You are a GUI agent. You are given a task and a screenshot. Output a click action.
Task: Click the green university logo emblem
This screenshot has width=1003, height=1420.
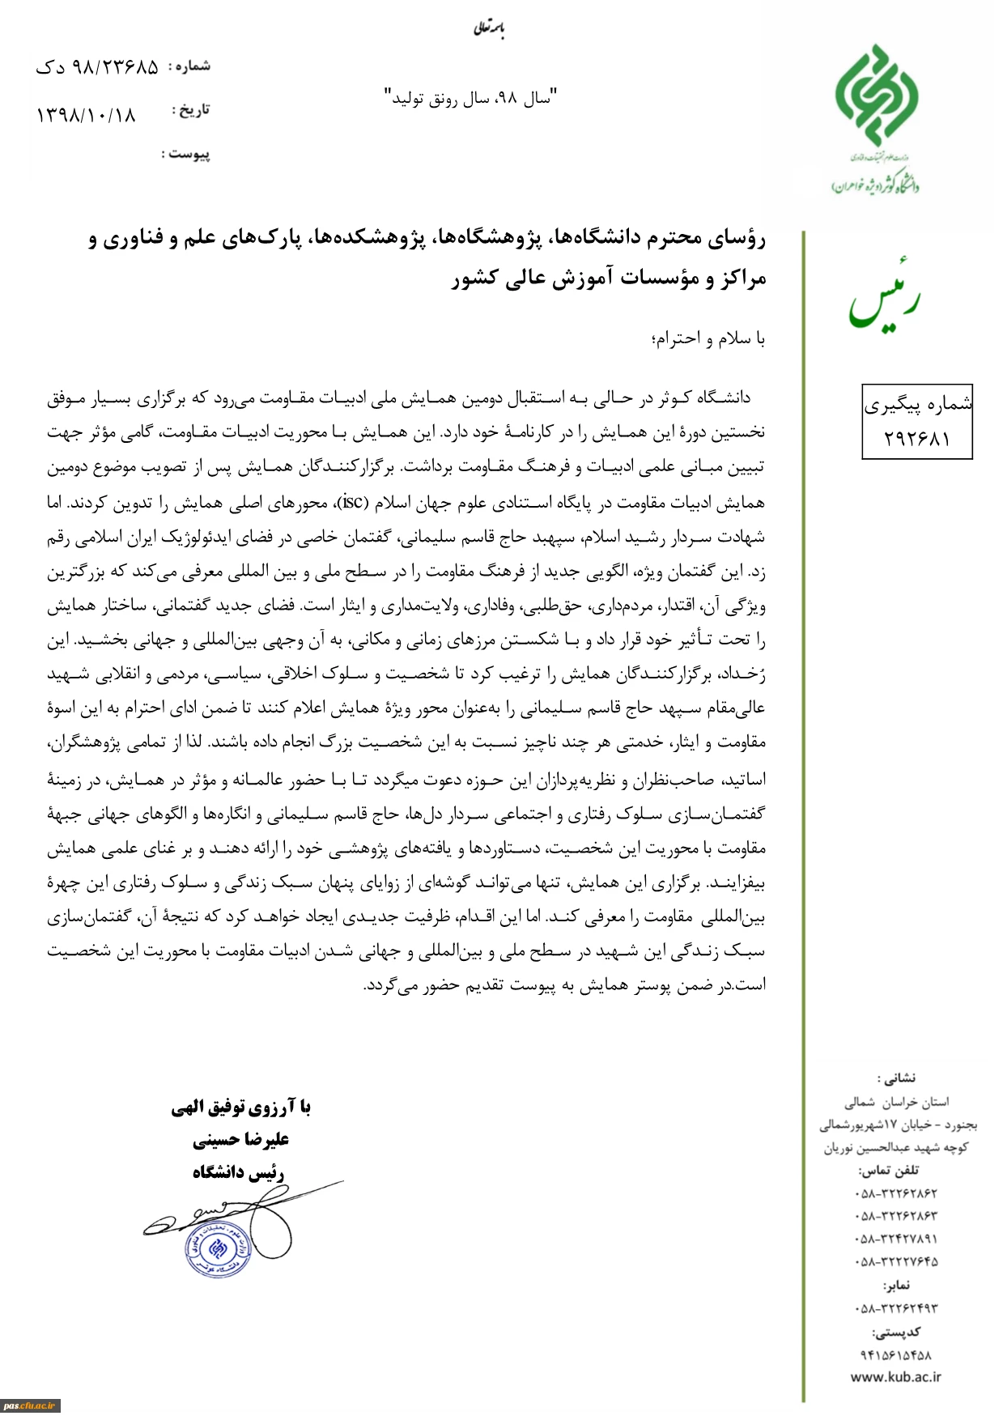click(x=876, y=93)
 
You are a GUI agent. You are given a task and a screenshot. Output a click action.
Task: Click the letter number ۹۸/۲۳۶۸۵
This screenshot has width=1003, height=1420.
click(x=97, y=68)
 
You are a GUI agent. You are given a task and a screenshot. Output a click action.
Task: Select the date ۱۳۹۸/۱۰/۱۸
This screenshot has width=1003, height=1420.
click(x=86, y=115)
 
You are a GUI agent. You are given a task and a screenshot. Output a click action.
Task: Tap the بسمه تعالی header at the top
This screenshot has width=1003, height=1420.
click(x=489, y=30)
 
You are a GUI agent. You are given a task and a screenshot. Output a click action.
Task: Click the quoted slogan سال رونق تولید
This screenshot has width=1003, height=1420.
click(x=470, y=99)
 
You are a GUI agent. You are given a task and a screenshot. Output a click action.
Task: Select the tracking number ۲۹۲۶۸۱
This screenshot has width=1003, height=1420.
click(x=916, y=438)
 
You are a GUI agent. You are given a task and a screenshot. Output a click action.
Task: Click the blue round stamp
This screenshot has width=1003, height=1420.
click(x=217, y=1248)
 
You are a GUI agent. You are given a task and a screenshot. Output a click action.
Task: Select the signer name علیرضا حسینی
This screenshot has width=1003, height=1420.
click(x=240, y=1140)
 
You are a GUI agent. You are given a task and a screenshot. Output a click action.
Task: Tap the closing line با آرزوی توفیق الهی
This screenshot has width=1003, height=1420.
click(x=240, y=1107)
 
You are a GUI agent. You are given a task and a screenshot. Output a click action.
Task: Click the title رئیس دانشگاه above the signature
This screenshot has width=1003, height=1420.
click(x=238, y=1172)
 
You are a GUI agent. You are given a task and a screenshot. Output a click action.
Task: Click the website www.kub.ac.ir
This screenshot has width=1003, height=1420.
click(x=895, y=1376)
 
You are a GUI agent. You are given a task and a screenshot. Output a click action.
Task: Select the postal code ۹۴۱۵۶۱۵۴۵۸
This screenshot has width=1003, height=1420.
click(x=895, y=1354)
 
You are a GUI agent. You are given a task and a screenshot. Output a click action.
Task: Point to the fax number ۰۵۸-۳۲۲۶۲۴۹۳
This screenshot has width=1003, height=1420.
click(x=895, y=1308)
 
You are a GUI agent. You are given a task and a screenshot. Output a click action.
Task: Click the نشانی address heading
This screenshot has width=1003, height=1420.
click(x=895, y=1078)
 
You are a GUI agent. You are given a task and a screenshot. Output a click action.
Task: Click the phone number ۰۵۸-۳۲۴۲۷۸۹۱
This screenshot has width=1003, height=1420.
click(x=895, y=1239)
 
